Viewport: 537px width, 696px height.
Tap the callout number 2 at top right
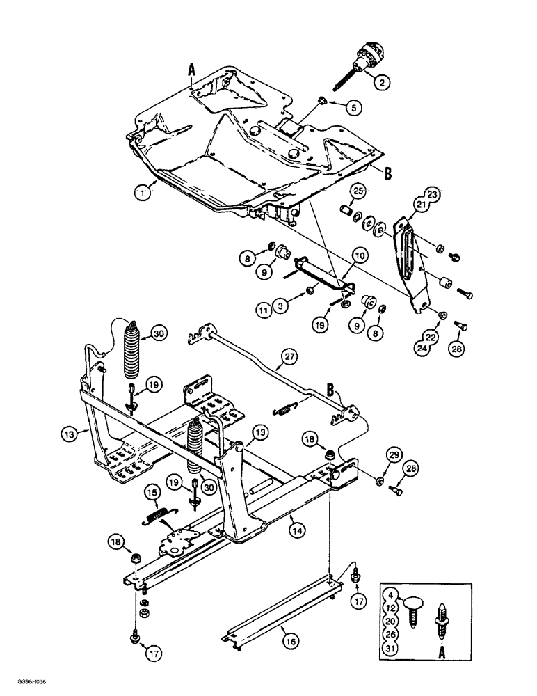click(x=380, y=81)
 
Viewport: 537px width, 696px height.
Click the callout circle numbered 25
click(x=358, y=190)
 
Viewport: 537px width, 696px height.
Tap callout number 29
click(x=375, y=455)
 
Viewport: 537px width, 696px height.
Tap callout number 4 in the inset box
click(x=391, y=595)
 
